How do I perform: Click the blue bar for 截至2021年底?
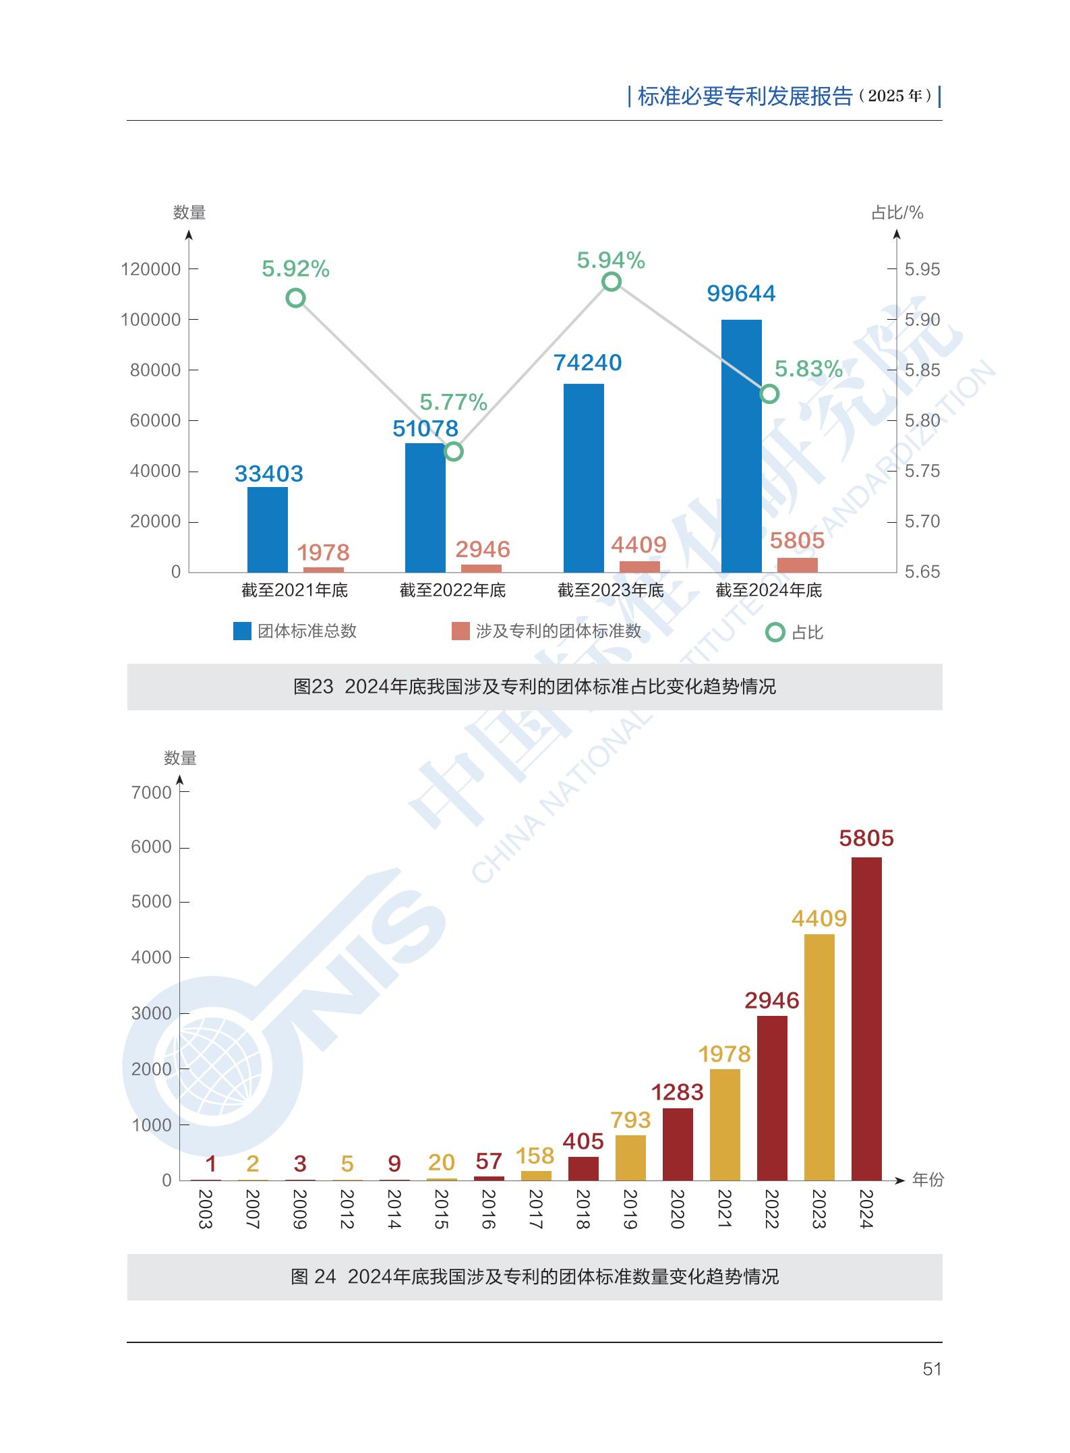(x=267, y=530)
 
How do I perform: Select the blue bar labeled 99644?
(x=741, y=446)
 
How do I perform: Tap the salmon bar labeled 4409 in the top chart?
(x=640, y=567)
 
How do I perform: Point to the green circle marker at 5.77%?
(x=454, y=451)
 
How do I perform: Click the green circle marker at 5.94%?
(x=612, y=281)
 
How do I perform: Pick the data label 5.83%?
(x=808, y=369)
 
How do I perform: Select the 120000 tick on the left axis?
(x=151, y=269)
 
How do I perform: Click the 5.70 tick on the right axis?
(x=922, y=521)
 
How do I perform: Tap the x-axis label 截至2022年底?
(x=452, y=590)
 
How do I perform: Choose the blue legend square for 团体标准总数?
(x=242, y=631)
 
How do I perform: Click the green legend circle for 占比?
(x=775, y=632)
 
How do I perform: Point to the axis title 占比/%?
(x=897, y=213)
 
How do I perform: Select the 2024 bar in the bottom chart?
(x=866, y=1019)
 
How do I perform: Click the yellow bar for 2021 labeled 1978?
(x=725, y=1124)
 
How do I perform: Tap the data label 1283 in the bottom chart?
(x=677, y=1092)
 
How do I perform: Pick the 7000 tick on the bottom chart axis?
(x=152, y=793)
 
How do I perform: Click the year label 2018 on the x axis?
(x=583, y=1209)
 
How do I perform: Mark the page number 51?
(x=932, y=1369)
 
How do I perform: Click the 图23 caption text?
(x=534, y=687)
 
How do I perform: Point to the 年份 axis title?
(x=928, y=1180)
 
